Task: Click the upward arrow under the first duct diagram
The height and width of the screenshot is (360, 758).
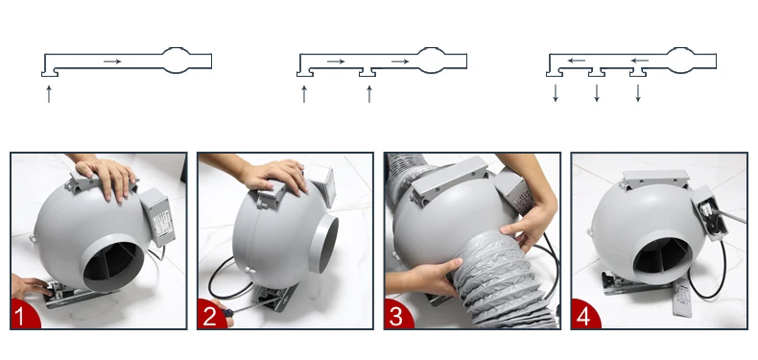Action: tap(49, 94)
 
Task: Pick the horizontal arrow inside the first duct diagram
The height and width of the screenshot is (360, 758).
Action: tap(112, 61)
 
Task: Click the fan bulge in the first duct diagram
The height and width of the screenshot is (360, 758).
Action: tap(176, 60)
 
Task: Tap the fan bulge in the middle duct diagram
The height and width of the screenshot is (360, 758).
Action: tap(431, 60)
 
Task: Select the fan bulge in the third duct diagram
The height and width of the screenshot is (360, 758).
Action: tap(680, 60)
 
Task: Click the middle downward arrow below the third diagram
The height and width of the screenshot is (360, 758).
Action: tap(597, 93)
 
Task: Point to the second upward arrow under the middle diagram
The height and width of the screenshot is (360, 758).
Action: tap(369, 94)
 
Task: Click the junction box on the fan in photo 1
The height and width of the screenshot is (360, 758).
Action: tap(158, 216)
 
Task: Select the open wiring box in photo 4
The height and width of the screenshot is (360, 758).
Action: tap(710, 213)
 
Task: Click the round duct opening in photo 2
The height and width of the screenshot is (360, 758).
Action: tap(323, 244)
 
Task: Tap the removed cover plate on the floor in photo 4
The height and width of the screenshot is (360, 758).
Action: tap(682, 299)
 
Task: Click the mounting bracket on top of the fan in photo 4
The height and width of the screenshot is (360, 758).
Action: tap(655, 180)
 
